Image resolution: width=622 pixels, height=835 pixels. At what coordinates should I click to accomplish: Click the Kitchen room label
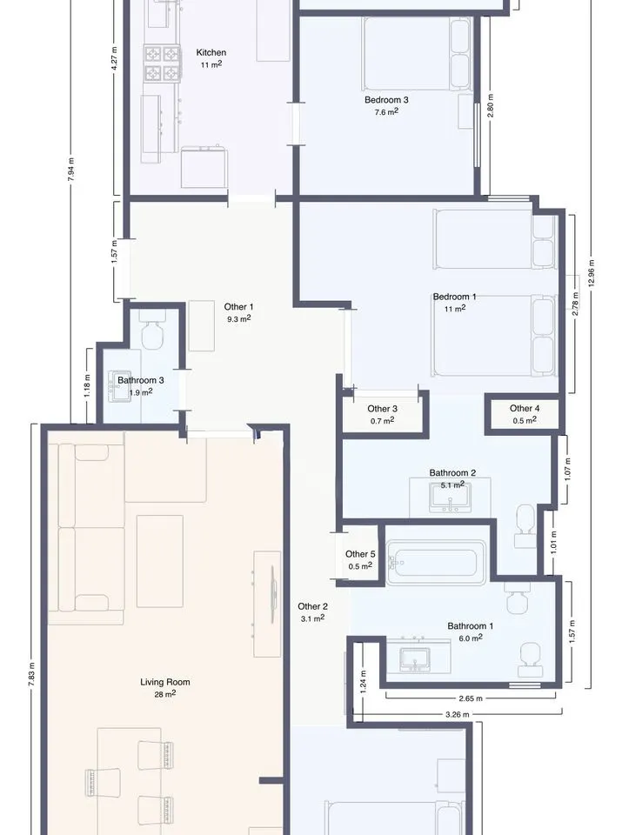211,52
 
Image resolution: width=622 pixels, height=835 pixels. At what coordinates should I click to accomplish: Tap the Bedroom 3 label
386,99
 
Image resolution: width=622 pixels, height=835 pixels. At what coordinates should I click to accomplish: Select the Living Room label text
165,682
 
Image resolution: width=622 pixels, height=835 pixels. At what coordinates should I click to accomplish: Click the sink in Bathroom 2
450,497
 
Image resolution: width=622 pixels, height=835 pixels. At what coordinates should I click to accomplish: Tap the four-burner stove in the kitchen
161,63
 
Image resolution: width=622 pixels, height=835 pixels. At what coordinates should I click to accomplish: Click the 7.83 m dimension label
32,673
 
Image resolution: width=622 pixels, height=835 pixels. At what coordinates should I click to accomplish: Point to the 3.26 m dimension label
457,715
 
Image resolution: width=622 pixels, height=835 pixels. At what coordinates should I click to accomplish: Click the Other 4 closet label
525,408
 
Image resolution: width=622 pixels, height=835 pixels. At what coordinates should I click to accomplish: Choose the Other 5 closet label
360,554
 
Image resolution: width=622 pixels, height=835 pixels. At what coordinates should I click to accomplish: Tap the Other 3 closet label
383,409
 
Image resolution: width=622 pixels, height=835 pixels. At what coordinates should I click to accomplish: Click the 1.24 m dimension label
363,681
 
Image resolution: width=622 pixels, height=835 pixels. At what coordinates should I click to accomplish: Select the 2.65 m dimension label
471,698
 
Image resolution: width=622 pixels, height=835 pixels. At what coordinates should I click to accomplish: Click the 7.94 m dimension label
70,170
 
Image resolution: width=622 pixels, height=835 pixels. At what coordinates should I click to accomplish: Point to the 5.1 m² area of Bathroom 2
452,484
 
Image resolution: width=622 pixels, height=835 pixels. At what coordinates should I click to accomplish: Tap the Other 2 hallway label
312,606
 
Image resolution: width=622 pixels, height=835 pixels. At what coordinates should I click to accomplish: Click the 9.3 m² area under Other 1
238,319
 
